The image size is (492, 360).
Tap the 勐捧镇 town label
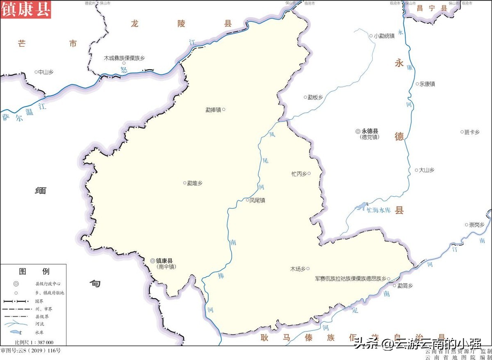pyautogui.click(x=213, y=110)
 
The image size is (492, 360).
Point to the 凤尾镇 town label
pyautogui.click(x=257, y=201)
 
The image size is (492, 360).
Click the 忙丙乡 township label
pyautogui.click(x=299, y=174)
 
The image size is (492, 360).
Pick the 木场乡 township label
pyautogui.click(x=298, y=269)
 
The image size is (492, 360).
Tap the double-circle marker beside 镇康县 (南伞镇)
pyautogui.click(x=153, y=261)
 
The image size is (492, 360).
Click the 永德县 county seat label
pyautogui.click(x=370, y=132)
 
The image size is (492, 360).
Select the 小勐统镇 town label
pyautogui.click(x=384, y=36)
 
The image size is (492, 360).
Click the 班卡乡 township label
pyautogui.click(x=471, y=132)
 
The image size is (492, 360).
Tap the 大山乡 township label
pyautogui.click(x=426, y=170)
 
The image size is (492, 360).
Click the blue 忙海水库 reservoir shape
pyautogui.click(x=361, y=207)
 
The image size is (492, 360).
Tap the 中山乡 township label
pyautogui.click(x=46, y=72)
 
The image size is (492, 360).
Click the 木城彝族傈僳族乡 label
pyautogui.click(x=124, y=58)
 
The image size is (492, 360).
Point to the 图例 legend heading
pyautogui.click(x=34, y=271)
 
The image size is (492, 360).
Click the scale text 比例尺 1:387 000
pyautogui.click(x=34, y=342)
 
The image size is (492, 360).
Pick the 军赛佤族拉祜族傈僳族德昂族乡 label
pyautogui.click(x=351, y=279)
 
